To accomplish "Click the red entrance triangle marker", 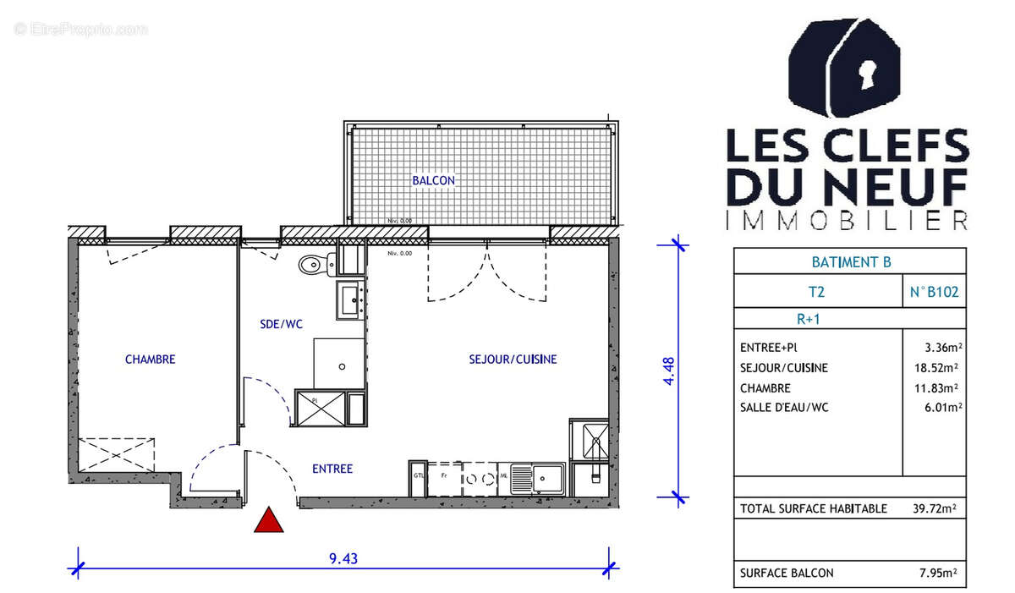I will (269, 521).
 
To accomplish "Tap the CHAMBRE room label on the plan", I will (150, 360).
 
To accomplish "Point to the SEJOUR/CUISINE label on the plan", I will (513, 360).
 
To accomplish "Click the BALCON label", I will (433, 180).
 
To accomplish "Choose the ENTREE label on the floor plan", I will (332, 469).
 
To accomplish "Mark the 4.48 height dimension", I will (668, 371).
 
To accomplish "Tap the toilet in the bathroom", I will (312, 265).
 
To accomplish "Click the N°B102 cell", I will (934, 293).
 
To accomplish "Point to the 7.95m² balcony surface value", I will (937, 573).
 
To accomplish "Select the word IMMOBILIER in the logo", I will (848, 222).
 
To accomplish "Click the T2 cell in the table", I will (817, 293).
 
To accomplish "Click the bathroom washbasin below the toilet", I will (350, 300).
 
